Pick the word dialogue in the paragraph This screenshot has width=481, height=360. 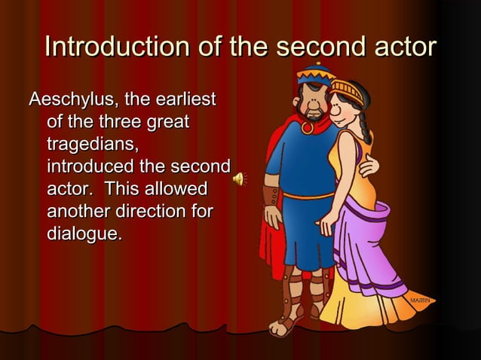(84, 233)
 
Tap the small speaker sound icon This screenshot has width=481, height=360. (238, 178)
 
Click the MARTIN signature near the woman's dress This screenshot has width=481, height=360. (420, 301)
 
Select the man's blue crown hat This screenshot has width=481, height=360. (316, 76)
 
